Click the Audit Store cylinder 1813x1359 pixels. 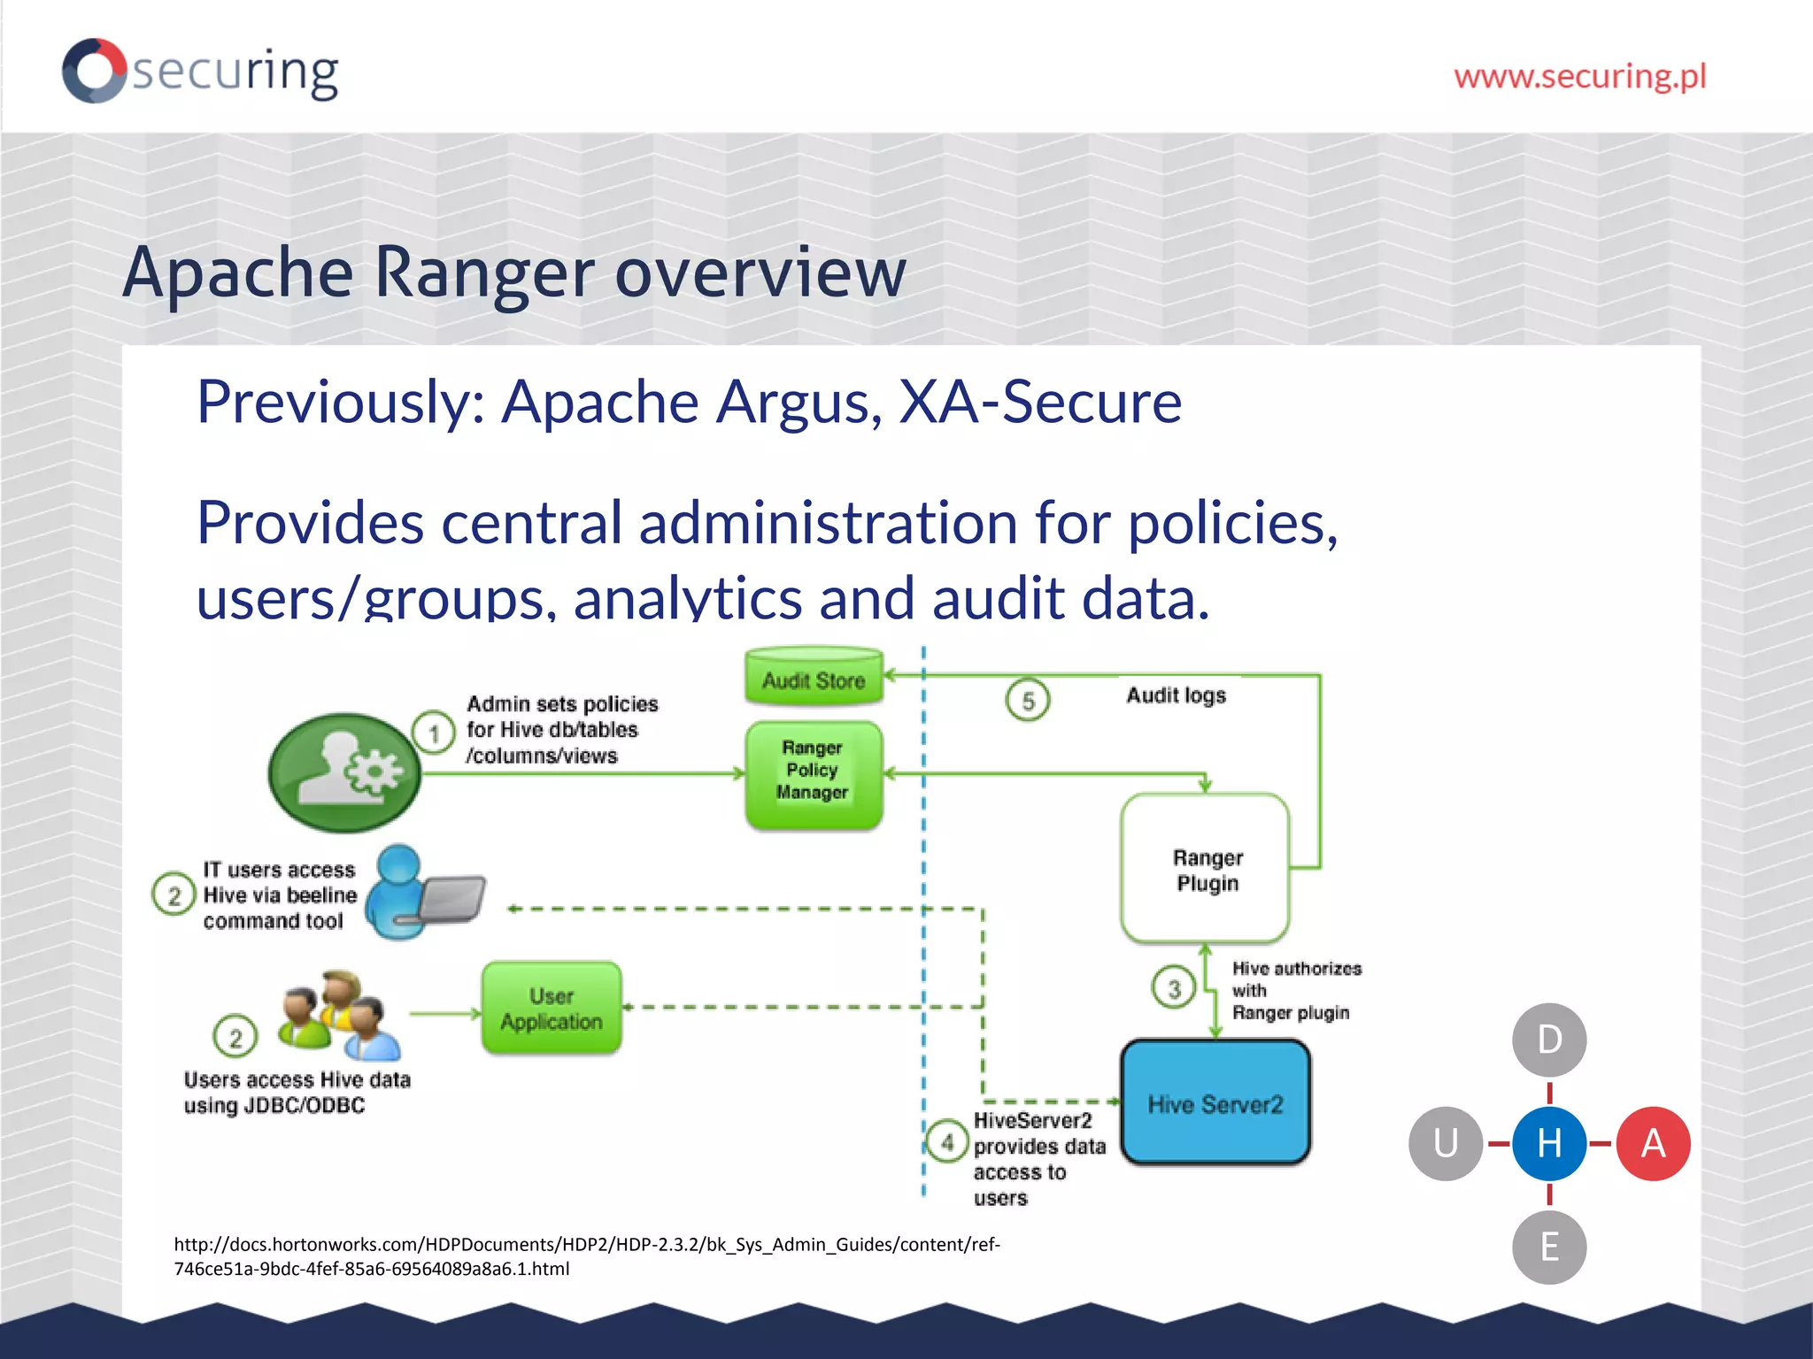tap(814, 678)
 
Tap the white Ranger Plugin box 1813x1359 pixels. tap(1206, 869)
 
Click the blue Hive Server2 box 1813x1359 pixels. tap(1215, 1102)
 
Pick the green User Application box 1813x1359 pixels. tap(552, 1008)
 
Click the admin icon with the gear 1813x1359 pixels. tap(345, 773)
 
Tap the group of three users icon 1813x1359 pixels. tap(340, 1016)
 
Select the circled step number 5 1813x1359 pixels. tap(1027, 701)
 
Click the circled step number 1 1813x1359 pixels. tap(434, 733)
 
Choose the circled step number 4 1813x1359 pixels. tap(947, 1141)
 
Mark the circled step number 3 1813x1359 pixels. tap(1174, 987)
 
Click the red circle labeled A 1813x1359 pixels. tap(1653, 1143)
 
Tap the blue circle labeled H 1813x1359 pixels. tap(1549, 1143)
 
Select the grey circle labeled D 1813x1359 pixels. tap(1549, 1040)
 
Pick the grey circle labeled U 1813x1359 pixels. tap(1446, 1143)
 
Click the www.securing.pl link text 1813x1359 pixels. tap(1579, 76)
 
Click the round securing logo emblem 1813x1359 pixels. tap(94, 70)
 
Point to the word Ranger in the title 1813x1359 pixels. tap(484, 272)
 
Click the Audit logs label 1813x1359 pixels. tap(1176, 695)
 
